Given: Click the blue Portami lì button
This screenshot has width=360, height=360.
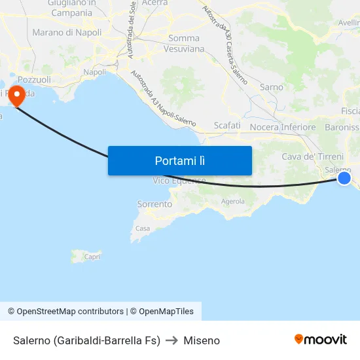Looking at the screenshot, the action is coord(179,160).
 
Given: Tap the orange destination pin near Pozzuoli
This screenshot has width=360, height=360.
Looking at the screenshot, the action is coord(14,96).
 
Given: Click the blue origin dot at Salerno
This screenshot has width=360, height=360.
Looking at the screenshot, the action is coord(344,178).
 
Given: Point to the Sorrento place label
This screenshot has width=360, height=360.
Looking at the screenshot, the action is coord(154,204).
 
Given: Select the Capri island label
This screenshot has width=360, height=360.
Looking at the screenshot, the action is coord(92,257).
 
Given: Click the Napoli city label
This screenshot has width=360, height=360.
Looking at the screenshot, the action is coord(95,72).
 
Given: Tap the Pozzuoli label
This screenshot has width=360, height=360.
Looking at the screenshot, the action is coord(33,79).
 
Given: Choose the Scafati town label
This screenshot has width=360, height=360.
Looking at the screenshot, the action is coord(227,125).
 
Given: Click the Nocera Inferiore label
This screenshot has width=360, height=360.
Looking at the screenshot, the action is coord(283,127).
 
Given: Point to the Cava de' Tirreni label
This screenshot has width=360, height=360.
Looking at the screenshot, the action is coord(312,156).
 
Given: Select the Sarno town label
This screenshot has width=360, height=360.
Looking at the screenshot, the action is coord(272,87).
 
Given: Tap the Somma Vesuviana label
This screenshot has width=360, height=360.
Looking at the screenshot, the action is coord(184,44).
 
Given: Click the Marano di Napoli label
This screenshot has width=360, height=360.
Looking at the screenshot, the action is coord(67,32).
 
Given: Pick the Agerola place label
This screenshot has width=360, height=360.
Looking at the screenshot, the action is coord(233,202).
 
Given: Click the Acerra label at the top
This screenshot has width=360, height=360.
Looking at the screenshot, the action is coord(154,3).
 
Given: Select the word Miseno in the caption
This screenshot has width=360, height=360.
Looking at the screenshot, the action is coord(202,340).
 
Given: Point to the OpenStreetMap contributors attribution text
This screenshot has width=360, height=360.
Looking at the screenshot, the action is coord(65,312).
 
